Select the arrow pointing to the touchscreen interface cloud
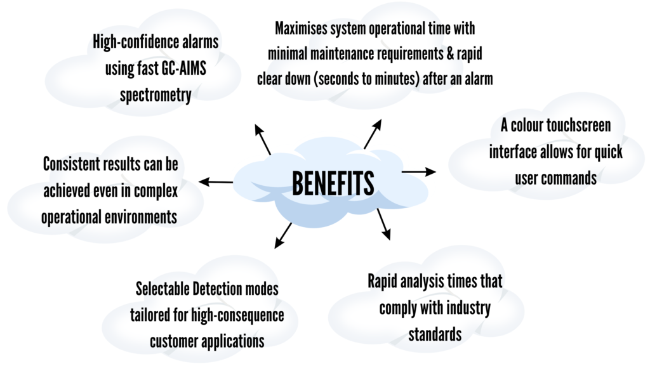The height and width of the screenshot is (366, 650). (419, 171)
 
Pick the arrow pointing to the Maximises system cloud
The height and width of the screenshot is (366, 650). (373, 134)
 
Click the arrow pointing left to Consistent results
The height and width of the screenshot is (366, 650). (216, 182)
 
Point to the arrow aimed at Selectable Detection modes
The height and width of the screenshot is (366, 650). (284, 235)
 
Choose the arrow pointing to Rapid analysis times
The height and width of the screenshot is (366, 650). (383, 223)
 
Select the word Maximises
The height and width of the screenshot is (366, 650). (304, 29)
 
